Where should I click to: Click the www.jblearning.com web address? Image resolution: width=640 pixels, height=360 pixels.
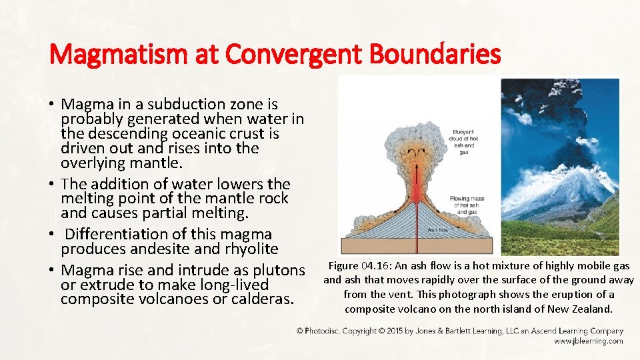point(589,341)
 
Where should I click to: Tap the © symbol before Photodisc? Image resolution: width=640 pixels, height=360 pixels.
point(300,331)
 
